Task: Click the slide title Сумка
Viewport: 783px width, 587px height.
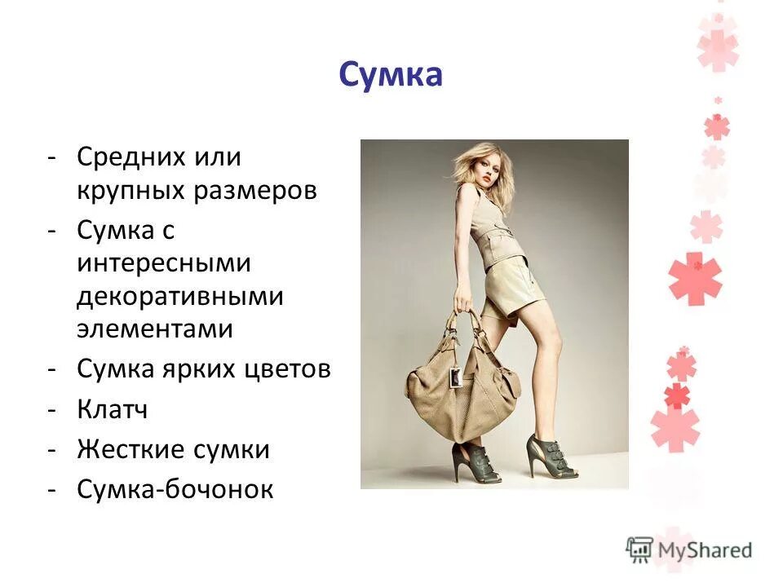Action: pyautogui.click(x=391, y=76)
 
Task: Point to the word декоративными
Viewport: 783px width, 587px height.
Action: pyautogui.click(x=180, y=297)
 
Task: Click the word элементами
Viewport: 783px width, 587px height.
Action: pyautogui.click(x=155, y=329)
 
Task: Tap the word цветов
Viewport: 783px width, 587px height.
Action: pyautogui.click(x=288, y=369)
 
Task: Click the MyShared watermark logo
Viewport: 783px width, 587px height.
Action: pyautogui.click(x=689, y=549)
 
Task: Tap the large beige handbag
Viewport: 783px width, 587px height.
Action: pyautogui.click(x=461, y=391)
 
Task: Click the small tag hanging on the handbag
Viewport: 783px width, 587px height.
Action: pyautogui.click(x=456, y=378)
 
